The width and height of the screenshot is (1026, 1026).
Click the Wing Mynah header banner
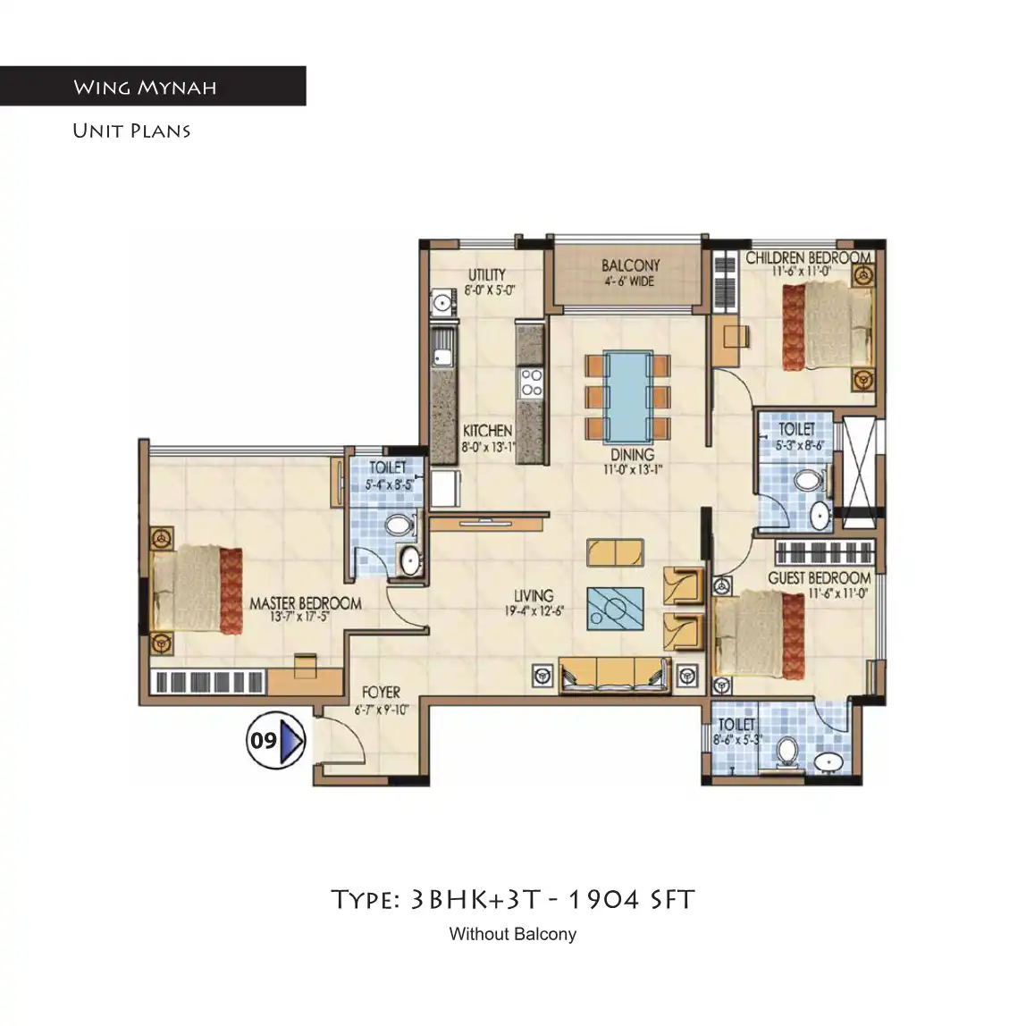click(152, 87)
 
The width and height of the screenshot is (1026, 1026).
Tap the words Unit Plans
click(131, 130)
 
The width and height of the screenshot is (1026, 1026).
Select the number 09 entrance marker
click(275, 740)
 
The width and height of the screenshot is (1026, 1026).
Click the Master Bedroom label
click(305, 603)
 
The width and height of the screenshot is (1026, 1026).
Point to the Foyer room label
click(381, 693)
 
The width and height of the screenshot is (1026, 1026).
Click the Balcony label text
click(630, 265)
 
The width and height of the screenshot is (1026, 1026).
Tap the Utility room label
click(487, 274)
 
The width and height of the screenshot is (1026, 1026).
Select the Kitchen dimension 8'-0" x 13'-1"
click(488, 447)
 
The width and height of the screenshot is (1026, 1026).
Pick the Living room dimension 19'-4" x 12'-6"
click(534, 612)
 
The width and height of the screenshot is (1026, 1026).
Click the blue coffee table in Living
click(615, 609)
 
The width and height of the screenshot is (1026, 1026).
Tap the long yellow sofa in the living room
click(613, 673)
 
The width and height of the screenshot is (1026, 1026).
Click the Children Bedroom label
click(807, 257)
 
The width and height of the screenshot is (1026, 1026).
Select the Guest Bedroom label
click(819, 578)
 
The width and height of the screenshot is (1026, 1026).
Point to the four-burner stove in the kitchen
click(531, 383)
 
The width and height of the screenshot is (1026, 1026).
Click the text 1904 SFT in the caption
click(631, 899)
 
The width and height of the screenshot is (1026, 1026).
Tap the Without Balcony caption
click(512, 934)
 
